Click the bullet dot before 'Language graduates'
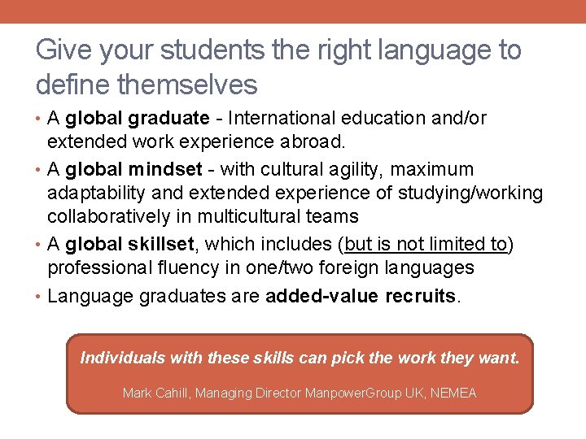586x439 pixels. (x=40, y=296)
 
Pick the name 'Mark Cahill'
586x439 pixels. (x=154, y=393)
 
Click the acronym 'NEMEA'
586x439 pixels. (x=453, y=393)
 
